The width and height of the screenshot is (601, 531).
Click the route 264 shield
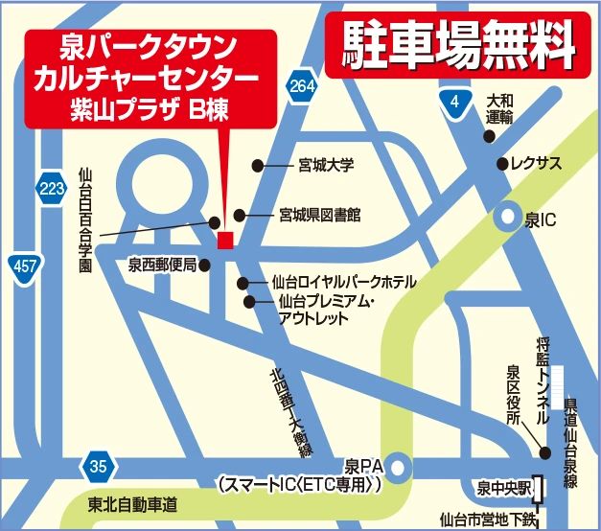301,87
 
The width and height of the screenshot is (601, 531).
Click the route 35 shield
96,467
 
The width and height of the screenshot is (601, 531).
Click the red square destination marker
225,240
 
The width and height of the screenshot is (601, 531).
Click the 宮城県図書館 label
321,216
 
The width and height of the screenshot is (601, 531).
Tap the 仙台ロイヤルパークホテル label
344,283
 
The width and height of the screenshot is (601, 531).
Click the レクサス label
536,164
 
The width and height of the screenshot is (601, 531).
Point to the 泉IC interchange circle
505,219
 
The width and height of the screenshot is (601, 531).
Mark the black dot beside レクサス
501,164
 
